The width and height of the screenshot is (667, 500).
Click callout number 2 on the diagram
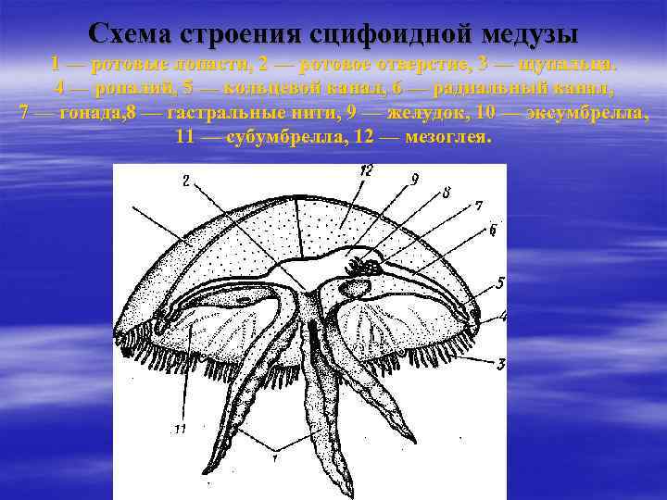click(187, 181)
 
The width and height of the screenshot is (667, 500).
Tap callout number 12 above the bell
click(366, 170)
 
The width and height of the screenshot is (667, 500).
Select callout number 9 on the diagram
click(414, 179)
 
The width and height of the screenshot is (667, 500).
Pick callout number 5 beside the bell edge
click(499, 282)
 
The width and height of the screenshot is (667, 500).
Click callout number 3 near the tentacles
click(500, 364)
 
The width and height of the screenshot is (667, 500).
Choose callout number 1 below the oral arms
click(276, 456)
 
